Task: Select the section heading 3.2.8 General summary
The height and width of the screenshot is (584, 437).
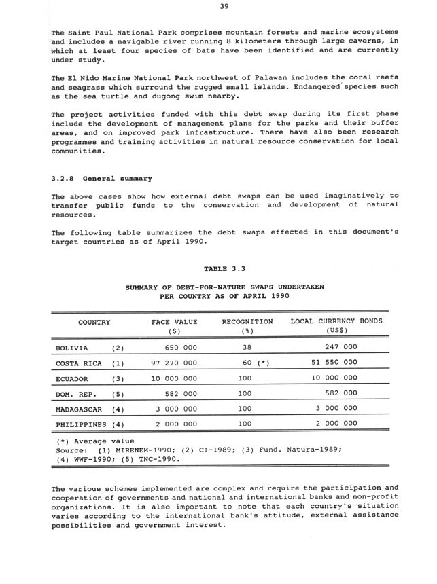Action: tap(102, 178)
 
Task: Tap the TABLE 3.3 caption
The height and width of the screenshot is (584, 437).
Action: tap(224, 268)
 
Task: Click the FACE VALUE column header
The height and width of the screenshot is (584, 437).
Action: tap(174, 321)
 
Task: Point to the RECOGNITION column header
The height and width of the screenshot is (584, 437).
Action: tap(247, 321)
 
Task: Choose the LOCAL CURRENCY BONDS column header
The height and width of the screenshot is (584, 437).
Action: tap(336, 321)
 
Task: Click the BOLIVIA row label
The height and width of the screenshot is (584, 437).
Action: tap(71, 347)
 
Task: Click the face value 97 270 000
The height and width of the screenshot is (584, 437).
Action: tap(174, 363)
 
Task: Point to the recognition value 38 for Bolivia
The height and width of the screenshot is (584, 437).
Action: tap(247, 347)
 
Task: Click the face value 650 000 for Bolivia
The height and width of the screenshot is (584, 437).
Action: tap(181, 347)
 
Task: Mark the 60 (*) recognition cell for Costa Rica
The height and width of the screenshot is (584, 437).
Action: tap(256, 363)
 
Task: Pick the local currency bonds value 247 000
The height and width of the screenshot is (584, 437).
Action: tap(340, 347)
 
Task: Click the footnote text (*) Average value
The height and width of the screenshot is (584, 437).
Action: tap(95, 441)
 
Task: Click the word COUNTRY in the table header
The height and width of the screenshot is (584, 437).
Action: tap(94, 321)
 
